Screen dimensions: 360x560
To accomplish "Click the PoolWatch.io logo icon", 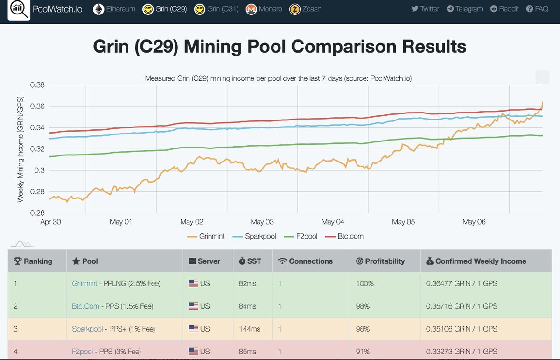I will click(x=19, y=9).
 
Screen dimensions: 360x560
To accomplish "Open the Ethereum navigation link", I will click(x=114, y=9).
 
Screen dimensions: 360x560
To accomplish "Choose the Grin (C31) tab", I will click(x=217, y=9).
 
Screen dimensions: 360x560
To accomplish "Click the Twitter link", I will click(x=425, y=9).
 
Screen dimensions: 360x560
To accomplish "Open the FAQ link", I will click(x=537, y=9).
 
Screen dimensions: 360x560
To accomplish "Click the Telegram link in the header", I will click(x=464, y=9).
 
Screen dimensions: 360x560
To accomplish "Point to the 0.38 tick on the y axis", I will click(x=37, y=85).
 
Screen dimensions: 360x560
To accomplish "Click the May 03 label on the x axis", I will click(x=262, y=222).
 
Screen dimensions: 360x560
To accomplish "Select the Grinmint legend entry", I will click(x=205, y=236).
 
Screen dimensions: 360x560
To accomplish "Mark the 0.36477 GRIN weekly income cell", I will click(x=462, y=283).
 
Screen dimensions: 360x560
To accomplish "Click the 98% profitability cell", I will click(x=362, y=306).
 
